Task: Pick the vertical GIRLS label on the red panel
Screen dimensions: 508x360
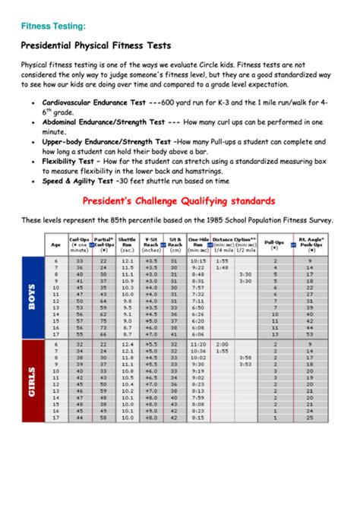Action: click(32, 381)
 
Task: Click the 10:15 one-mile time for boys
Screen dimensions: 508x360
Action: click(198, 260)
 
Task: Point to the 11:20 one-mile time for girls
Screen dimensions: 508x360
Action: click(198, 344)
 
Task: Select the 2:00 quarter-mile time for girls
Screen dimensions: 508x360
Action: click(223, 344)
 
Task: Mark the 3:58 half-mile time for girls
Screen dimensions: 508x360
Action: click(245, 357)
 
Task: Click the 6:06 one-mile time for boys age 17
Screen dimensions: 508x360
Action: click(198, 334)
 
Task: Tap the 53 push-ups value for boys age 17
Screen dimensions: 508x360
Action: click(310, 334)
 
